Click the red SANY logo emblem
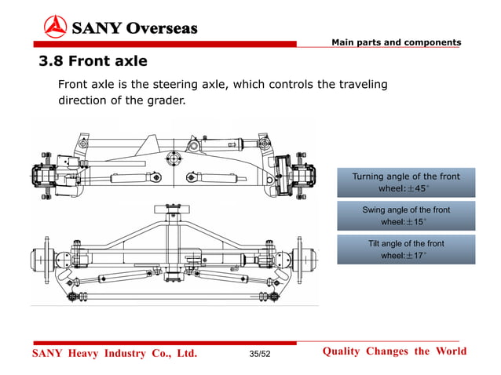click(x=55, y=27)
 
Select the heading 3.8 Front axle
click(x=93, y=60)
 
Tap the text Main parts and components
click(x=396, y=42)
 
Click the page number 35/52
click(x=259, y=355)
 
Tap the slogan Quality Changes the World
click(x=394, y=351)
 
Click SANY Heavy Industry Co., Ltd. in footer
click(x=114, y=354)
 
